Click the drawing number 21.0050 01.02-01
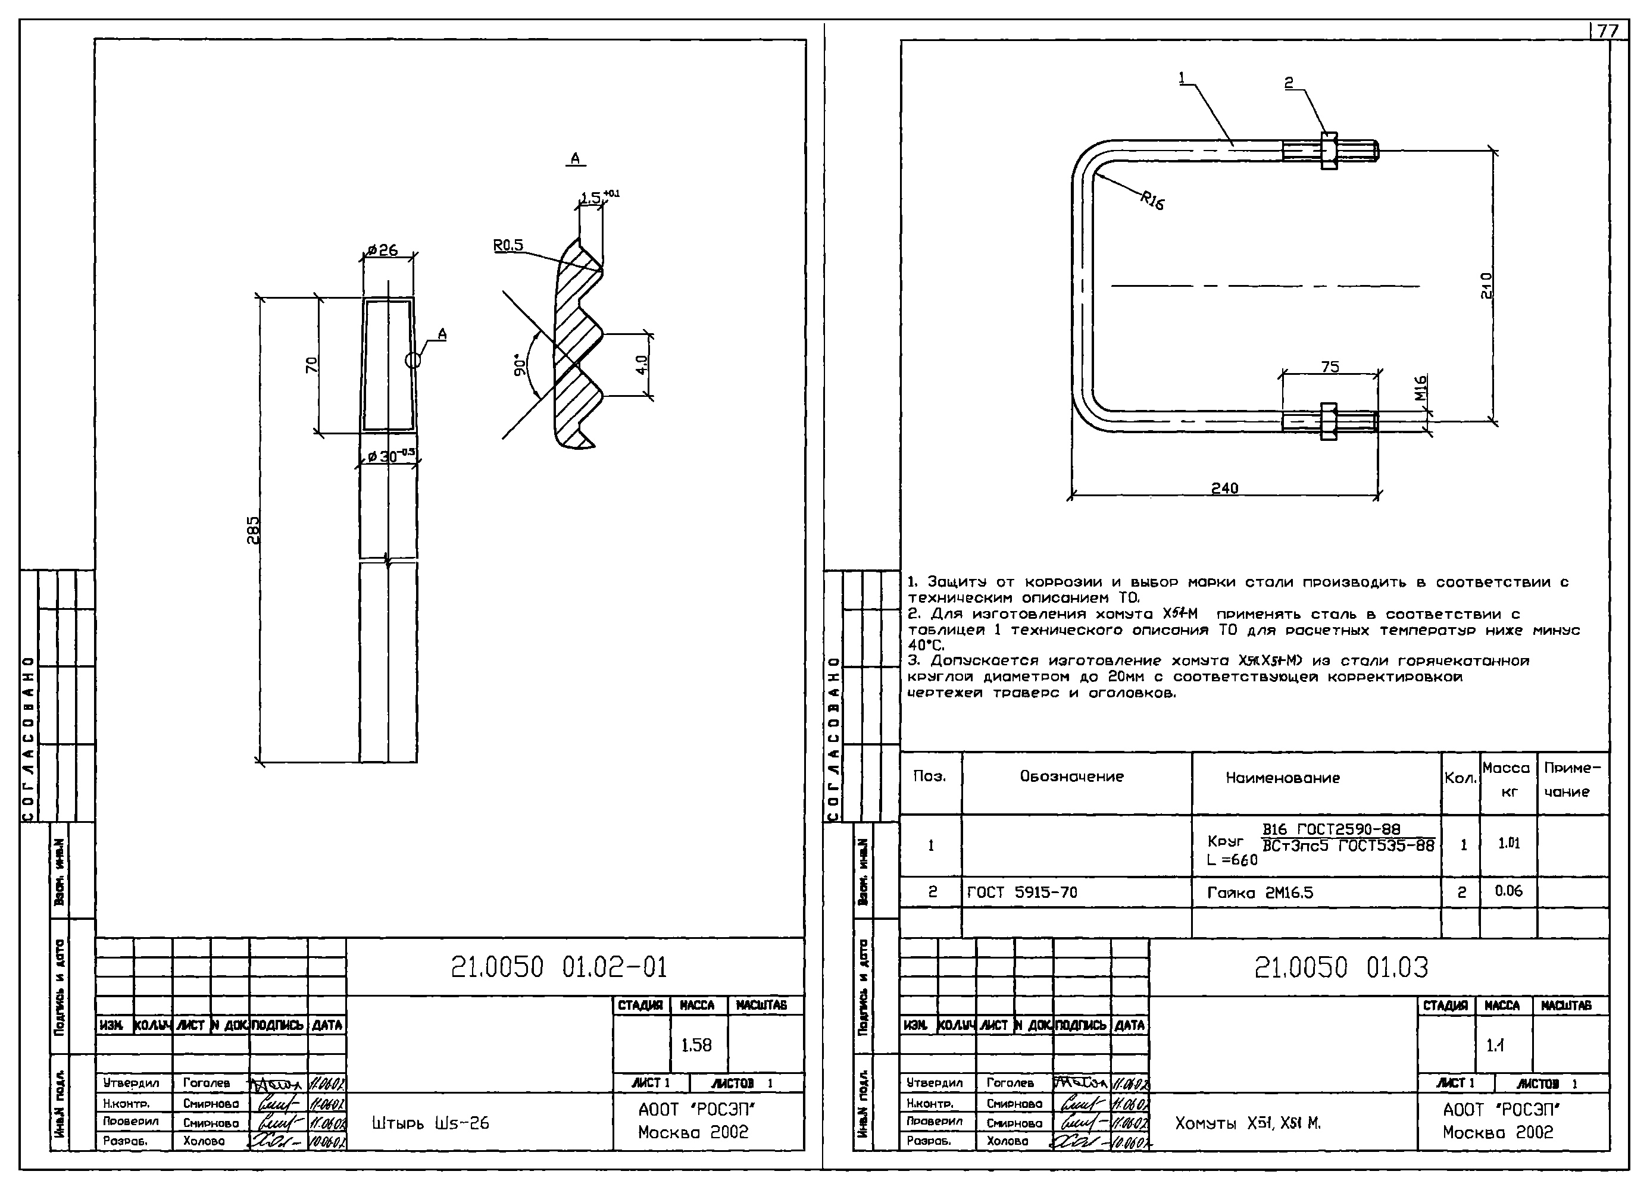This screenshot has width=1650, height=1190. (559, 967)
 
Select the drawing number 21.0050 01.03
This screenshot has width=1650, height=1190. (1342, 967)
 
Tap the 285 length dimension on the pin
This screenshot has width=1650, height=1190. (252, 530)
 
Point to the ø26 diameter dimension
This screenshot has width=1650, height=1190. (383, 250)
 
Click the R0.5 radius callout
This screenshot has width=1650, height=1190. (508, 245)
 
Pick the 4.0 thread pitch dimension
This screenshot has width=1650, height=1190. (641, 364)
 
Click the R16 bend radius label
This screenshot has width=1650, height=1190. (1152, 200)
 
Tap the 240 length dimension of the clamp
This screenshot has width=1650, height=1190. (1224, 488)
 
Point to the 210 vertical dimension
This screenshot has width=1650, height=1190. (1486, 285)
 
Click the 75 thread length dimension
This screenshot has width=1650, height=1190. (1330, 367)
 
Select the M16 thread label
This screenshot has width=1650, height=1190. (1421, 388)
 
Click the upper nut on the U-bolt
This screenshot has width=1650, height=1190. (1329, 151)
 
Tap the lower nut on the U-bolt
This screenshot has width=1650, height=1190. (1328, 421)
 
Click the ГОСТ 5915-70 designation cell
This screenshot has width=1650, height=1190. (1021, 892)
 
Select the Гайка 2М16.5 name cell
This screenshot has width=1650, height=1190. (1260, 892)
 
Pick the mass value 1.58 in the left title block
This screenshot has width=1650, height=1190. (696, 1045)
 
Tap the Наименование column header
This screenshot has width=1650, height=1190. (1283, 778)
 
